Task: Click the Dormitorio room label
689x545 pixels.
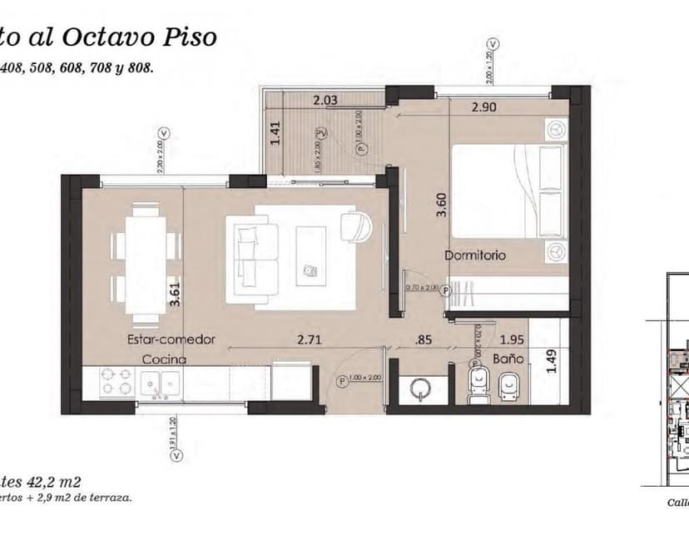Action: (x=474, y=255)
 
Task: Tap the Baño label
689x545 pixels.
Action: (x=508, y=359)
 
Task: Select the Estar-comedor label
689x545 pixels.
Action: (x=171, y=339)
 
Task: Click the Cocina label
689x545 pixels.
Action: (x=163, y=359)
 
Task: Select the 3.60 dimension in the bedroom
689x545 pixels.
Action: (x=442, y=204)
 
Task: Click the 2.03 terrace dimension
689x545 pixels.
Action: (x=326, y=101)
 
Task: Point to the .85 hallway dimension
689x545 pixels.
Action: (x=424, y=339)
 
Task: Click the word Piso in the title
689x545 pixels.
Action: (x=189, y=37)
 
